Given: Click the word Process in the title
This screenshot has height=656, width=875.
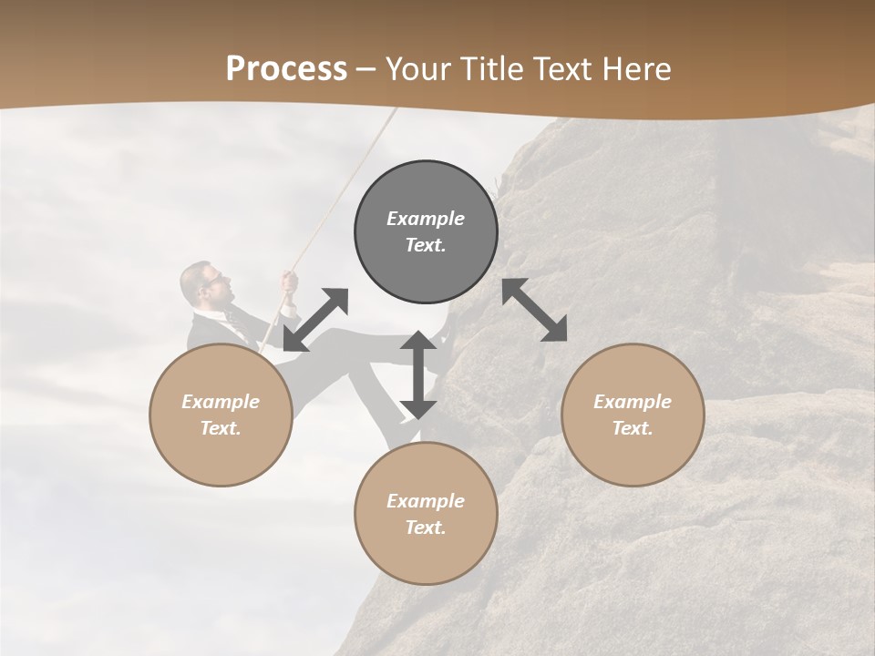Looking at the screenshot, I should (286, 69).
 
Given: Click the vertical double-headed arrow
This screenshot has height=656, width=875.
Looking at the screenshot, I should (418, 375).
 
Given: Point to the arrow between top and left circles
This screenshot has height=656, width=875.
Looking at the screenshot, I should (315, 319).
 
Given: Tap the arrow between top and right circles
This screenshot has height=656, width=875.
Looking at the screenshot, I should (535, 310).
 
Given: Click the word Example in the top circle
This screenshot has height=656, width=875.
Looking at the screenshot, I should (426, 219).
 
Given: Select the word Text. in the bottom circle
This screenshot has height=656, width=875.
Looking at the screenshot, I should (426, 528).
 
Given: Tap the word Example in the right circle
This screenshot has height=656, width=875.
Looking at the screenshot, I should (633, 402).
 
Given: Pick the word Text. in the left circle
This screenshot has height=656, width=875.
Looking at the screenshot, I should (221, 428).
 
